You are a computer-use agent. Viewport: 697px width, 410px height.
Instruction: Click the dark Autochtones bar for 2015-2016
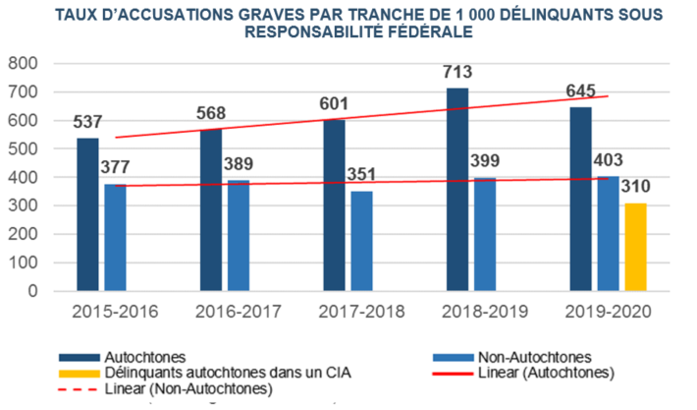[x=88, y=214]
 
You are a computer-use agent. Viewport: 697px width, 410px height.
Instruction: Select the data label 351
[x=363, y=173]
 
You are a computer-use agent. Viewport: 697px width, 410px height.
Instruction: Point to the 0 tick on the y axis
[x=32, y=292]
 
